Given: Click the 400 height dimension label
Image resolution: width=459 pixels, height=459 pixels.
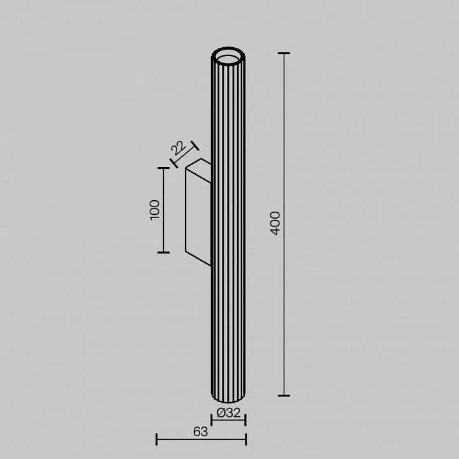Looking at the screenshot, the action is pos(275,223).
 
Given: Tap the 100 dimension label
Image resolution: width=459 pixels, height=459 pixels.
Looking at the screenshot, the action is pos(154,210).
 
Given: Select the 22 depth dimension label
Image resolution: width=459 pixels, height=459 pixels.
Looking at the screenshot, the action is pos(178,148).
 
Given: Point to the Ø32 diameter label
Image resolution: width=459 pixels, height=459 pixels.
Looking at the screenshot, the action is pos(229,412).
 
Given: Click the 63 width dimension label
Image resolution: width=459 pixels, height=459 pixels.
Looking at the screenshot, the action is pos(201,432).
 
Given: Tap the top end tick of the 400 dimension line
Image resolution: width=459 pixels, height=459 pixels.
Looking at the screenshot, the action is pos(284,54).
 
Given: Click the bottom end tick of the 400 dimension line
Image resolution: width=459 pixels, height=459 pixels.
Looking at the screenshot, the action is pos(284,395).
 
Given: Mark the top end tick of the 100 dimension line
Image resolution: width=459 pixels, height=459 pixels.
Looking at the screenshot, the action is pos(163,168).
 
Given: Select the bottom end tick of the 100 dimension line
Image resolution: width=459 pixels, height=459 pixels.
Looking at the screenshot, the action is pos(163,252).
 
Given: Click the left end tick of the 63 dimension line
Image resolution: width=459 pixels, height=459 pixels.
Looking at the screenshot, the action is pos(157,439).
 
